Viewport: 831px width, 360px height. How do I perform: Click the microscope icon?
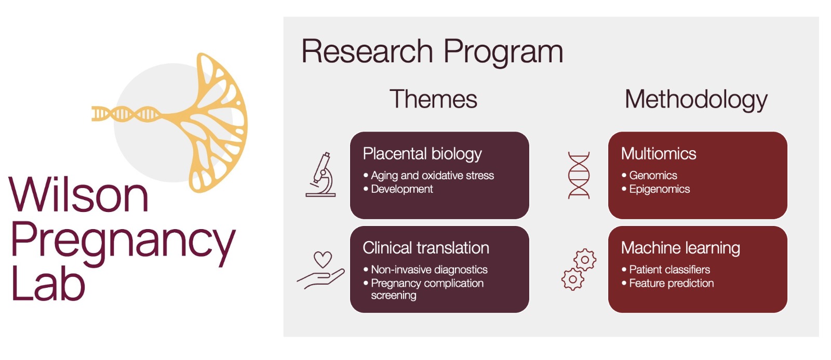click(x=321, y=175)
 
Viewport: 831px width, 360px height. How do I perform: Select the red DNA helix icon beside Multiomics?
click(x=579, y=175)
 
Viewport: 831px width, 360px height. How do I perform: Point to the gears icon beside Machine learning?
click(x=579, y=270)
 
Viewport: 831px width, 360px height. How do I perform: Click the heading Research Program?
click(x=432, y=52)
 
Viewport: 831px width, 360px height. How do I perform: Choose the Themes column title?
click(x=433, y=99)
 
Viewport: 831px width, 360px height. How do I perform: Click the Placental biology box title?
click(x=422, y=154)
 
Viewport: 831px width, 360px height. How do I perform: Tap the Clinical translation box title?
click(x=426, y=248)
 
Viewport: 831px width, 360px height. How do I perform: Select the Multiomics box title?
click(x=659, y=154)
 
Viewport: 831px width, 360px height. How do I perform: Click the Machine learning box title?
click(x=680, y=248)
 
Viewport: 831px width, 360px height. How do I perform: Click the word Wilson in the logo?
click(x=78, y=194)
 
